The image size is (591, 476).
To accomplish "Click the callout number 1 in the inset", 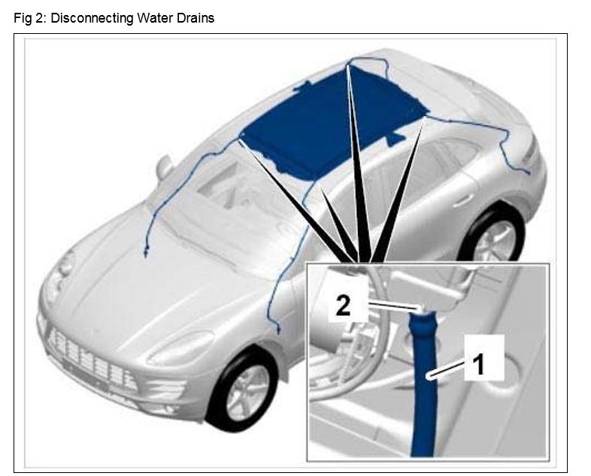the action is (x=479, y=365).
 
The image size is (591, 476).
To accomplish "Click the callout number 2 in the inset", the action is (x=343, y=305).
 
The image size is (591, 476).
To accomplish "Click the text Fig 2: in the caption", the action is (x=30, y=18).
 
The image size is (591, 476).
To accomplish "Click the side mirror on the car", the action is (x=165, y=166).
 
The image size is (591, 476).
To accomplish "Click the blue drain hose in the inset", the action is (x=423, y=385).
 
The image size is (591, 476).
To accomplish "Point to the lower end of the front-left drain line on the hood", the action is (x=145, y=254).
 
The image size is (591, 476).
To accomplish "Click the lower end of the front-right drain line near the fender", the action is (x=278, y=331).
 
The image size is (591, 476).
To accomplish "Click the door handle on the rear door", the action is (x=463, y=200).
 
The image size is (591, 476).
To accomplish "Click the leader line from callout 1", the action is (x=450, y=368).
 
